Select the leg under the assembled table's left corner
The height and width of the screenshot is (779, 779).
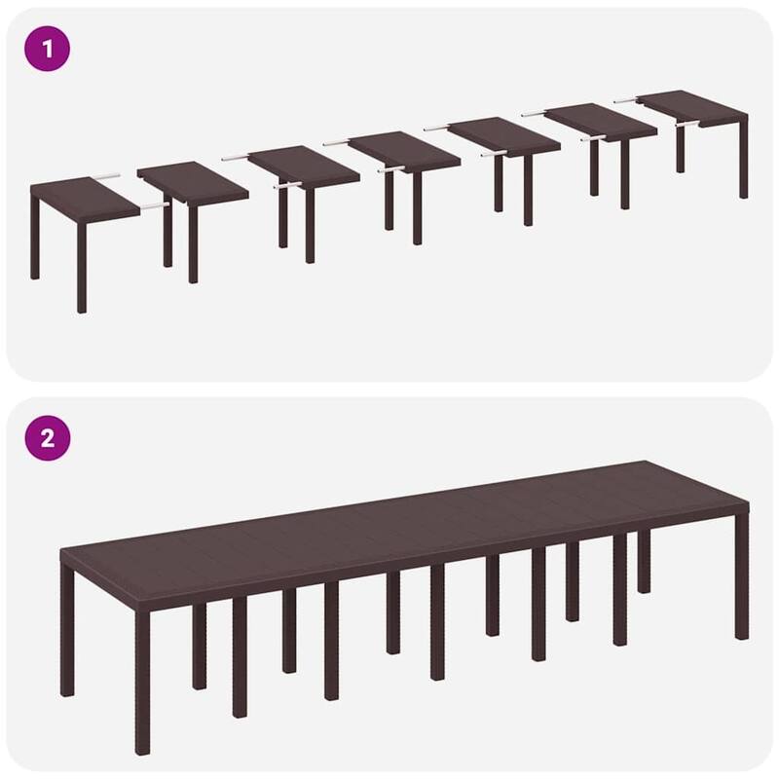[x=67, y=633]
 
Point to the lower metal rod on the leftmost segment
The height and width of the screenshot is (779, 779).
[x=151, y=207]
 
